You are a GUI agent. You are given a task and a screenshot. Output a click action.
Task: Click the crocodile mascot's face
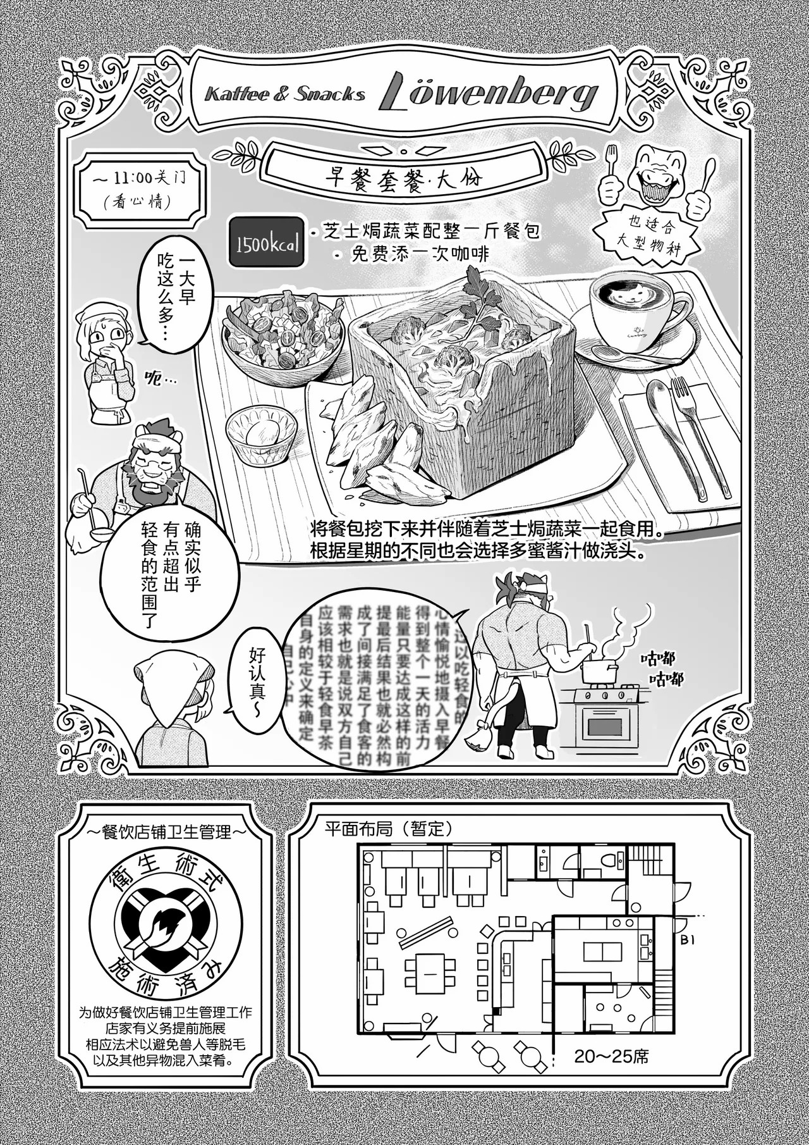click(658, 171)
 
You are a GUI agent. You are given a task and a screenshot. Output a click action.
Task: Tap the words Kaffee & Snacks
click(285, 95)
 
